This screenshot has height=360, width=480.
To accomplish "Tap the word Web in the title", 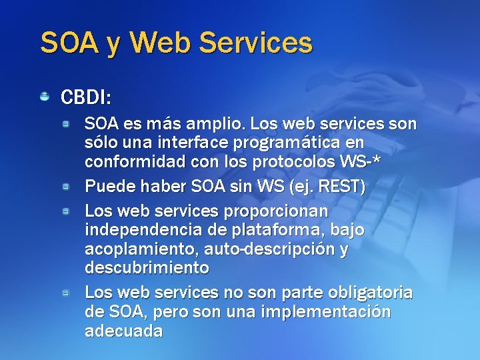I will pyautogui.click(x=162, y=43).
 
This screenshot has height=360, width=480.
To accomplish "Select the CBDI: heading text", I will pyautogui.click(x=85, y=97).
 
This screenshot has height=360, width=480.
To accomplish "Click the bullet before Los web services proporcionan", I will pyautogui.click(x=67, y=211).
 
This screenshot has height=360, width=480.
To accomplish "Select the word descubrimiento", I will pyautogui.click(x=147, y=268).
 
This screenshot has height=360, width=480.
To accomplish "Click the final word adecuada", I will pyautogui.click(x=123, y=331).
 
